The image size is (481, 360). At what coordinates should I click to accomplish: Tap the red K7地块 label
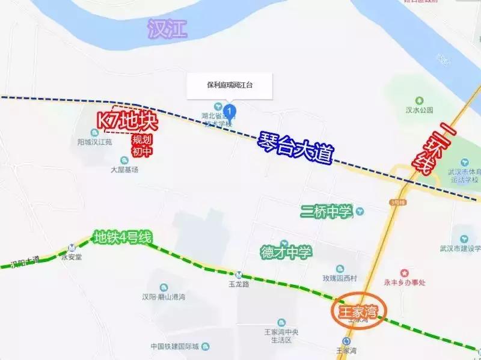[x=127, y=121]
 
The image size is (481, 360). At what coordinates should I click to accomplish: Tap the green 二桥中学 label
[x=326, y=212]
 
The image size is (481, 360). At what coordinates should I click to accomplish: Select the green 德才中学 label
[x=286, y=252]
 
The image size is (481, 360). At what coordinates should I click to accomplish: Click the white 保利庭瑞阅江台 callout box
[x=229, y=85]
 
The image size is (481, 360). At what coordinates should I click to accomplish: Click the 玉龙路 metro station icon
[x=239, y=274]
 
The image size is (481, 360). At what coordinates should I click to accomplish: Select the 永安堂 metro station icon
[x=72, y=246]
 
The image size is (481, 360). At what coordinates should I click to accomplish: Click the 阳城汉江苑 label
[x=95, y=142]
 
